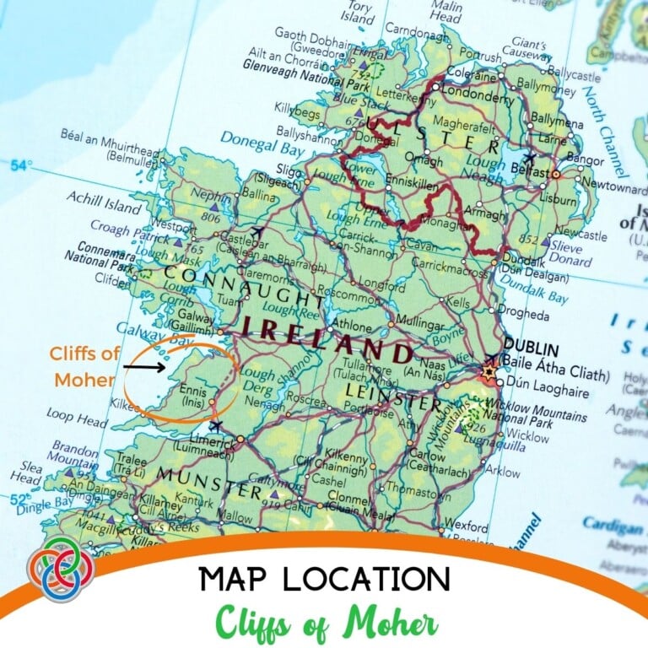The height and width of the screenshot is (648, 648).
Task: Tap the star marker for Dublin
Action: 489,371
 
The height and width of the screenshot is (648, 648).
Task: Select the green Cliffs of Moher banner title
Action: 324,623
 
